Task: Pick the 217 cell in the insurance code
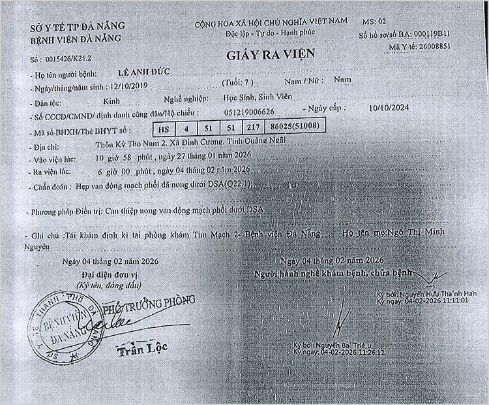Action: point(255,128)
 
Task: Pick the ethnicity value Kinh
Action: point(111,101)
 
